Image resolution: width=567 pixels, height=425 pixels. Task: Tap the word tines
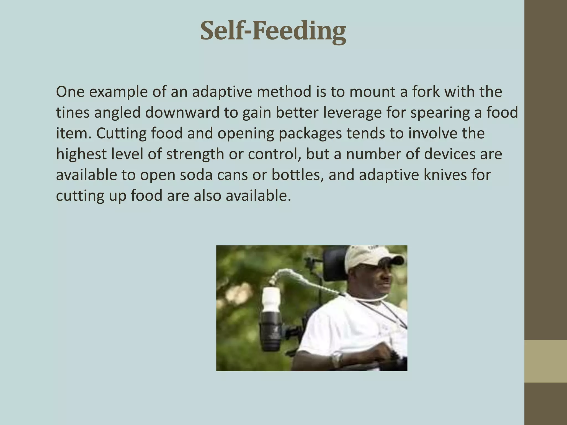point(73,113)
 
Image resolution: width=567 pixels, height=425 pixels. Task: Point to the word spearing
point(440,113)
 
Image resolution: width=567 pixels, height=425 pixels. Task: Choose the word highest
point(81,154)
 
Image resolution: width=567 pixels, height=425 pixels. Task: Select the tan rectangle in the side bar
point(546,361)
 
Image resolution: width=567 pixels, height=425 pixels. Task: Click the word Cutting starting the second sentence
point(121,133)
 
